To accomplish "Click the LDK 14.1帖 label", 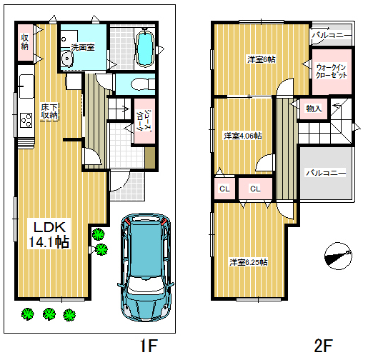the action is pyautogui.click(x=49, y=234).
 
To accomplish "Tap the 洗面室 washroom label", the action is pyautogui.click(x=83, y=47).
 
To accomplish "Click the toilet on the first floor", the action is pyautogui.click(x=142, y=84).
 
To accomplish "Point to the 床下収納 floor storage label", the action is pyautogui.click(x=49, y=111).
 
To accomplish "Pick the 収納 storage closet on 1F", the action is pyautogui.click(x=25, y=42).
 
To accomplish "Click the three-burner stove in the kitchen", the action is pyautogui.click(x=26, y=120).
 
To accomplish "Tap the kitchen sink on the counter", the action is pyautogui.click(x=26, y=86).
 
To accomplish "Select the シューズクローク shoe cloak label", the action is pyautogui.click(x=144, y=120).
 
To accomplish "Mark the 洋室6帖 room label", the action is pyautogui.click(x=262, y=59).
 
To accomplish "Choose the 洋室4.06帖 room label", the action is pyautogui.click(x=243, y=136).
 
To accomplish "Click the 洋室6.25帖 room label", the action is pyautogui.click(x=249, y=262).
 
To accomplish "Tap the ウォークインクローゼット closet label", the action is pyautogui.click(x=332, y=71).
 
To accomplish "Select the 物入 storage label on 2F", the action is pyautogui.click(x=314, y=109).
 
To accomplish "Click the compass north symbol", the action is pyautogui.click(x=338, y=256).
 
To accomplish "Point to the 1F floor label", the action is pyautogui.click(x=149, y=346).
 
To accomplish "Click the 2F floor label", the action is pyautogui.click(x=323, y=346).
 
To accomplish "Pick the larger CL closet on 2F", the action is pyautogui.click(x=255, y=189).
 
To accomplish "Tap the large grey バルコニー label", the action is pyautogui.click(x=326, y=173).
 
